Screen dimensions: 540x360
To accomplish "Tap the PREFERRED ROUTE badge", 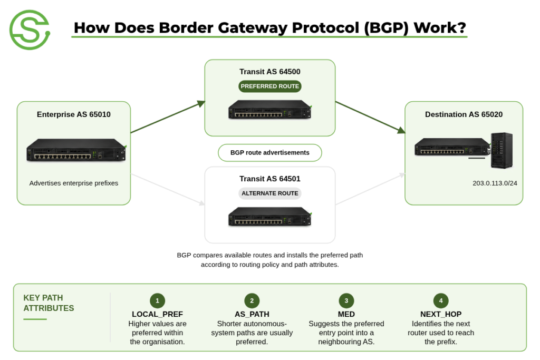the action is click(x=269, y=86).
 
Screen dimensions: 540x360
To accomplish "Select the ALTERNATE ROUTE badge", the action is click(x=269, y=193).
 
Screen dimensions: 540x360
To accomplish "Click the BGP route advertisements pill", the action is click(x=269, y=153).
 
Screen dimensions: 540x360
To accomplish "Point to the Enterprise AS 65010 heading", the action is click(x=74, y=114).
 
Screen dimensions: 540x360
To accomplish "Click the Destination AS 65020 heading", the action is click(x=464, y=114).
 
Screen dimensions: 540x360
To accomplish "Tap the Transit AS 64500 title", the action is click(x=269, y=72).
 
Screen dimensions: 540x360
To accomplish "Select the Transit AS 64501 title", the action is click(x=269, y=179).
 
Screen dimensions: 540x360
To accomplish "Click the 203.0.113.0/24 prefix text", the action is click(x=495, y=183).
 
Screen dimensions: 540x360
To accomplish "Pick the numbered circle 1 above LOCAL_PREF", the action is click(x=157, y=301).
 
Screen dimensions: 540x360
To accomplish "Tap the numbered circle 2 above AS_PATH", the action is click(x=252, y=301).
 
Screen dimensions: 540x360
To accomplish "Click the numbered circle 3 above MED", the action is click(x=346, y=301).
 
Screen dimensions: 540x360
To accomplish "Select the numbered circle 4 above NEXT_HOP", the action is click(x=441, y=301).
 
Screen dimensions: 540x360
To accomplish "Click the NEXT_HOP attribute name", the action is click(x=441, y=314).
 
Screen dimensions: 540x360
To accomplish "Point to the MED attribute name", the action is click(x=346, y=314).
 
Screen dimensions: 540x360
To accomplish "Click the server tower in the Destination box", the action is click(x=502, y=150).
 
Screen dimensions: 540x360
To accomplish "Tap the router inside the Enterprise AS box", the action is click(x=76, y=150).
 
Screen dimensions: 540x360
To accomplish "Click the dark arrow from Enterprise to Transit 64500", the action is click(x=168, y=117).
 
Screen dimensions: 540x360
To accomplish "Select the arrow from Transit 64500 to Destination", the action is click(x=371, y=117).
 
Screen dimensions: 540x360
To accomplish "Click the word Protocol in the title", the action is click(x=325, y=28).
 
